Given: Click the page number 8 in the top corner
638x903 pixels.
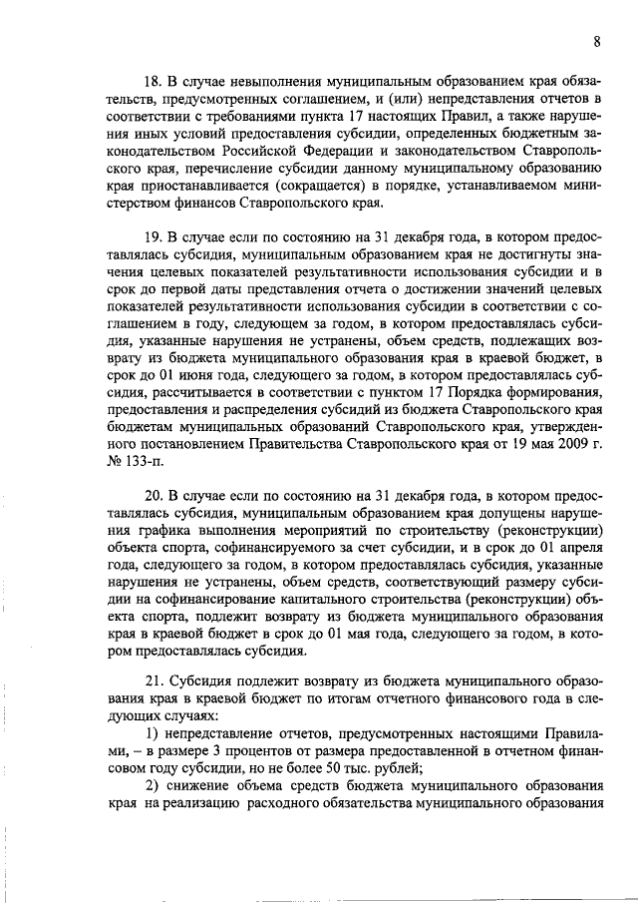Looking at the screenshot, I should coord(595,41).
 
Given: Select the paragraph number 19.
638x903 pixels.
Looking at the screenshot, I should coord(154,236).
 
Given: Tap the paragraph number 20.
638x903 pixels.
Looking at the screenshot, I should coord(154,495).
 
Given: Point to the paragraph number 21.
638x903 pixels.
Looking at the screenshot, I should coord(154,680).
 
